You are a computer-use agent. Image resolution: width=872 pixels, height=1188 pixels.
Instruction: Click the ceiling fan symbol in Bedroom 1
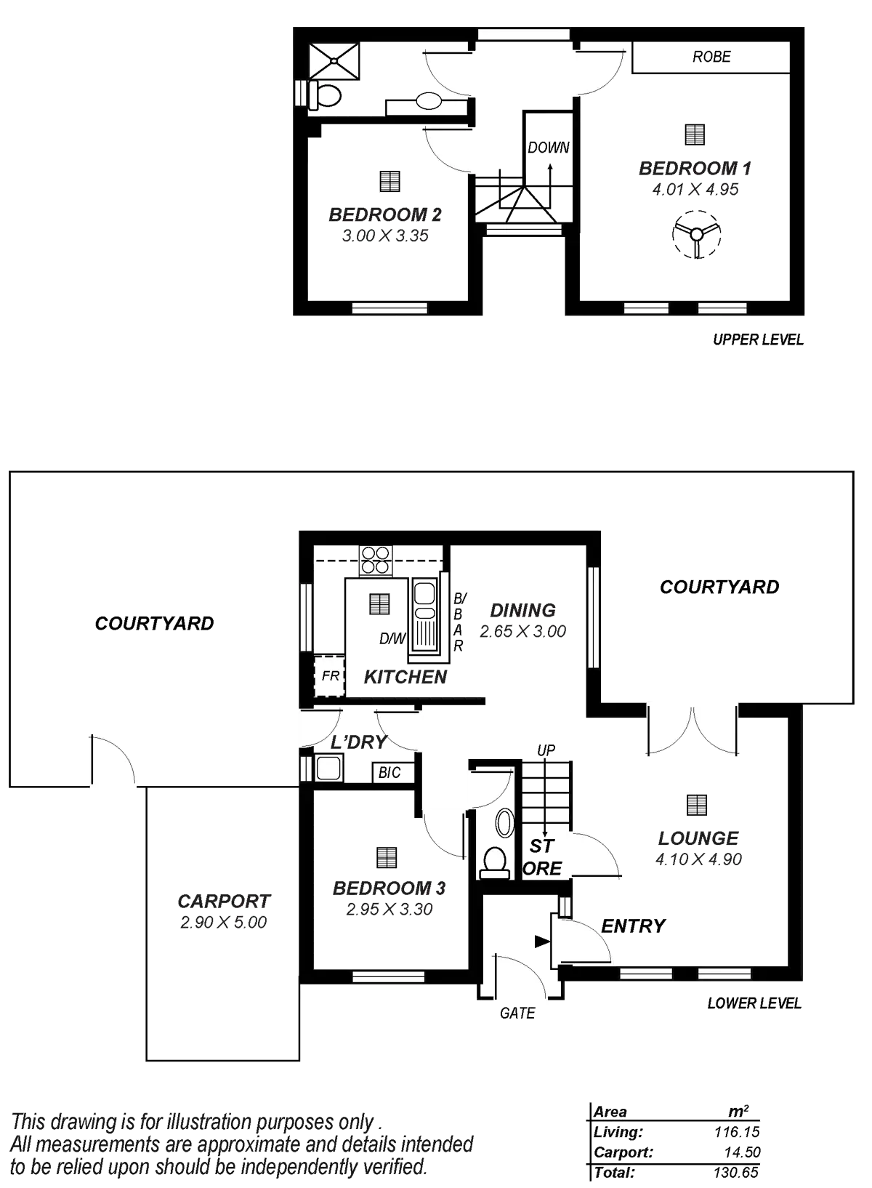click(x=696, y=234)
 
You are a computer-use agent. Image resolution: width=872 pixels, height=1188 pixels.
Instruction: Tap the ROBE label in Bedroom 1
click(x=711, y=57)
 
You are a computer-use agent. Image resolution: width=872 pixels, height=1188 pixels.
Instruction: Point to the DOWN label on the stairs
click(x=549, y=148)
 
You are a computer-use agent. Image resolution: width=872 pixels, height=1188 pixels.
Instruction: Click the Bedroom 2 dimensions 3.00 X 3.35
click(x=385, y=236)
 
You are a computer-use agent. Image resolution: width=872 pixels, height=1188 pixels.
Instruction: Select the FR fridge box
click(x=330, y=676)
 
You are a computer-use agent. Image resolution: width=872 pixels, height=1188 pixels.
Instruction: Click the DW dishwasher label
click(x=392, y=638)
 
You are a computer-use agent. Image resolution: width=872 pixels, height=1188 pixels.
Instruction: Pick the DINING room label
click(x=522, y=610)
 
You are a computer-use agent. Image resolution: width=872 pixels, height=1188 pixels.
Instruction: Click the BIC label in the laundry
click(x=389, y=773)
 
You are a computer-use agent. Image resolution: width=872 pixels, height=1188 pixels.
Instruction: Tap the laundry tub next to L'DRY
click(x=328, y=768)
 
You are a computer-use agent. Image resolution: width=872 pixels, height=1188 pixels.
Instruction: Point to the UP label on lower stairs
click(x=546, y=750)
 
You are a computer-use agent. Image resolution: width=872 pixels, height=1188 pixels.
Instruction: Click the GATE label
click(x=517, y=1013)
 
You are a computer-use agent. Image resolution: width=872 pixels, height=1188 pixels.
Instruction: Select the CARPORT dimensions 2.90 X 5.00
click(x=223, y=922)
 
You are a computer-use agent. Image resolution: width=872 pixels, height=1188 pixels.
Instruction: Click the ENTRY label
click(x=632, y=926)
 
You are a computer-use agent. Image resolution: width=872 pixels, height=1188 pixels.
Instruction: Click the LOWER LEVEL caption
click(x=754, y=1003)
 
